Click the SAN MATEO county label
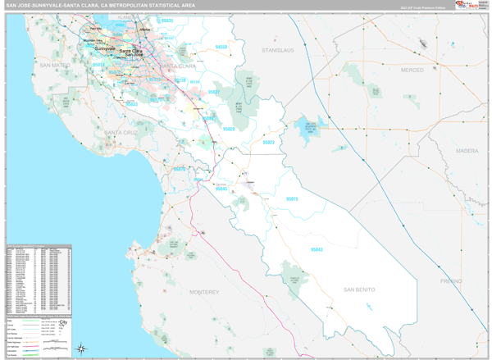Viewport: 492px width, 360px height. (56, 64)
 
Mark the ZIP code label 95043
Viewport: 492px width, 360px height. (318, 249)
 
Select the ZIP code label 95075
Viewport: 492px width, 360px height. (293, 198)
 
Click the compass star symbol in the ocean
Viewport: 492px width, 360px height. (82, 349)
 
